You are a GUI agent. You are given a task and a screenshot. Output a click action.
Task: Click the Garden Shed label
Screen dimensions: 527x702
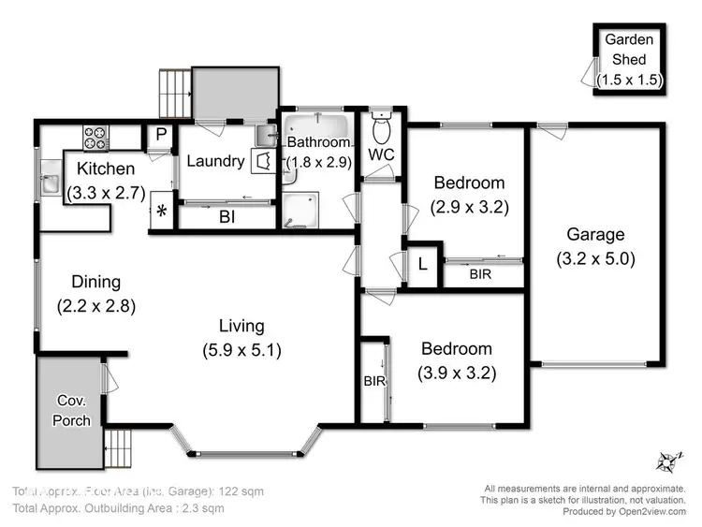[630, 50]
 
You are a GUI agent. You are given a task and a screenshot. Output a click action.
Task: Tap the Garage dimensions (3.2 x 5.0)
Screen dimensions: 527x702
[595, 259]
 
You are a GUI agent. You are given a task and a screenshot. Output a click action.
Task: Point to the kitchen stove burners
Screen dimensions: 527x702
[95, 138]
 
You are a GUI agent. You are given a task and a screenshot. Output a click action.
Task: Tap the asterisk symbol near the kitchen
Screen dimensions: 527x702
[161, 211]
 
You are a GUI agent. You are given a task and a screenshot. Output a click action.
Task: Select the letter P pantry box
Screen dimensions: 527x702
[161, 135]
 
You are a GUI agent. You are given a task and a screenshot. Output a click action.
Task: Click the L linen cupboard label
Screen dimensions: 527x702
[423, 265]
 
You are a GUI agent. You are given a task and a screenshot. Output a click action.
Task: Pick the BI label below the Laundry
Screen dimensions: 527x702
[227, 216]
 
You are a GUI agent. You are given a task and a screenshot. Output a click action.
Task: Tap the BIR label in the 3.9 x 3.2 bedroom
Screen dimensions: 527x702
[373, 381]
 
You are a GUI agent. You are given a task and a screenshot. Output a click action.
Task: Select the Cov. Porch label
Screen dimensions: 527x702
[71, 411]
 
